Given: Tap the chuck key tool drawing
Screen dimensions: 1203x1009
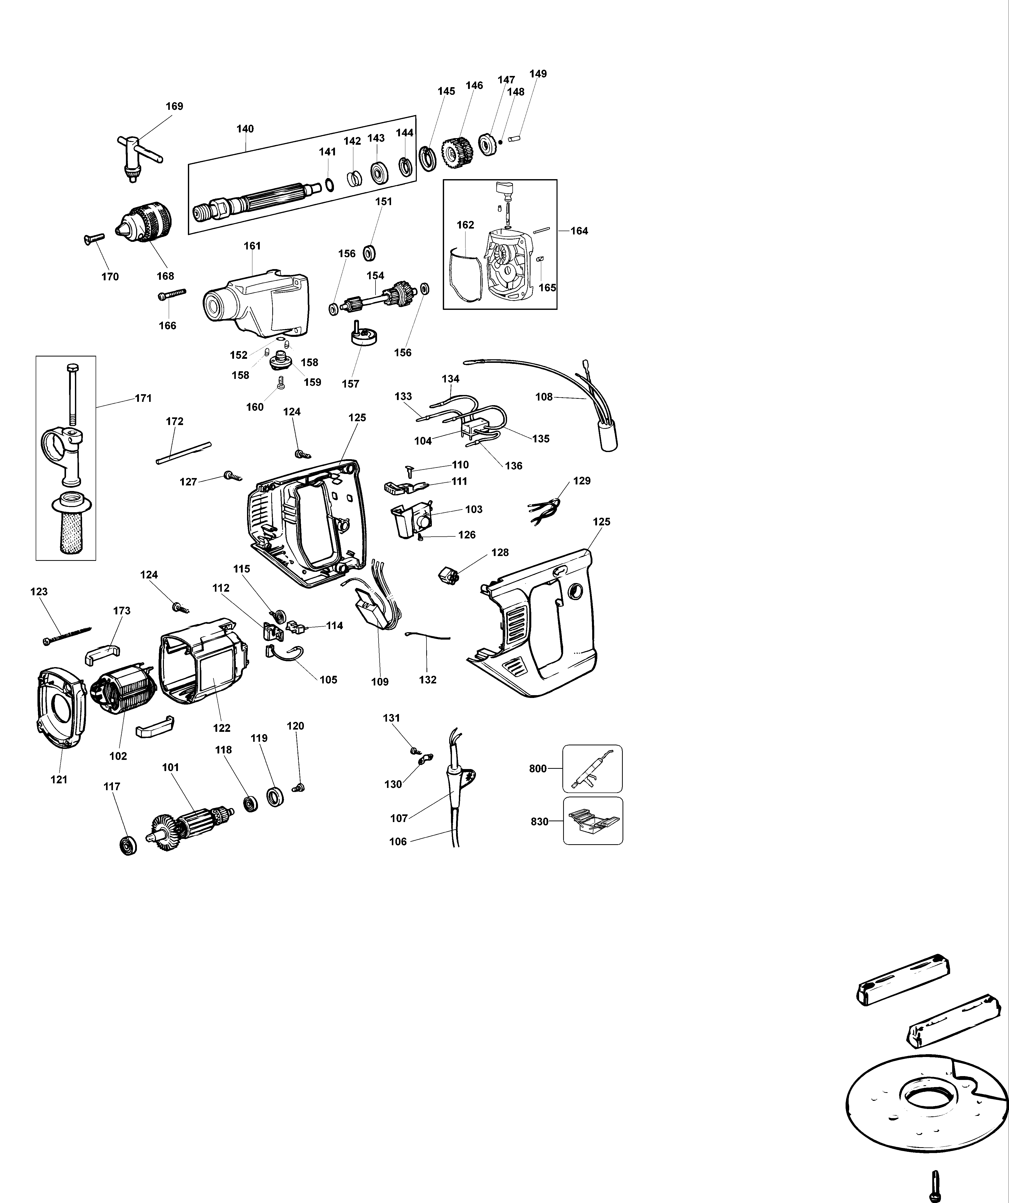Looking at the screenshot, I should click(137, 153).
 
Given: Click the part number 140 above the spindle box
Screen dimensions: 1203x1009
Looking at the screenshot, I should click(245, 129).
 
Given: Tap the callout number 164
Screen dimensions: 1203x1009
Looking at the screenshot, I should click(579, 231).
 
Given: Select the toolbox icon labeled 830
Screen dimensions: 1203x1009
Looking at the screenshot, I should click(592, 821).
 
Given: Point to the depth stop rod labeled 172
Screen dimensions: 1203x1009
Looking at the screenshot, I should click(183, 453).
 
